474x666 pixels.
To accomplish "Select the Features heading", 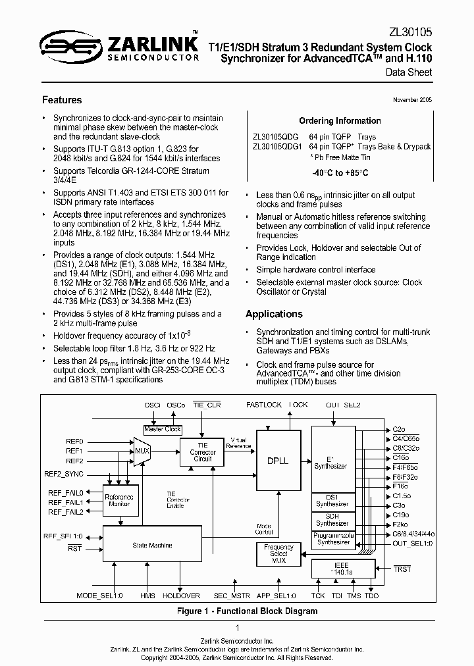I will click(x=62, y=100).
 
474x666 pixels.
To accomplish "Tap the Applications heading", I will click(x=274, y=314).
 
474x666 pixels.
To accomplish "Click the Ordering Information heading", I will click(x=340, y=120).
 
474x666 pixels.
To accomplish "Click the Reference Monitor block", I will click(x=119, y=500).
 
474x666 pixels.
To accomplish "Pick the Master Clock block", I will click(x=163, y=429).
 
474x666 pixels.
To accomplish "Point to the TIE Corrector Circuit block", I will click(x=202, y=451).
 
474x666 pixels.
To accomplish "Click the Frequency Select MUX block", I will click(x=278, y=553).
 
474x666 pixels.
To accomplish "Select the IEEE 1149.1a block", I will click(x=341, y=569).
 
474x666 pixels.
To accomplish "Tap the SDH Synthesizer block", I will click(x=332, y=520).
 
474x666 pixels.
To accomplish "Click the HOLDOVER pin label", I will click(x=181, y=596).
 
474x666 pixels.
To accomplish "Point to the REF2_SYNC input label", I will click(x=64, y=473).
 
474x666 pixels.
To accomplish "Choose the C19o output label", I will click(x=401, y=515).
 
